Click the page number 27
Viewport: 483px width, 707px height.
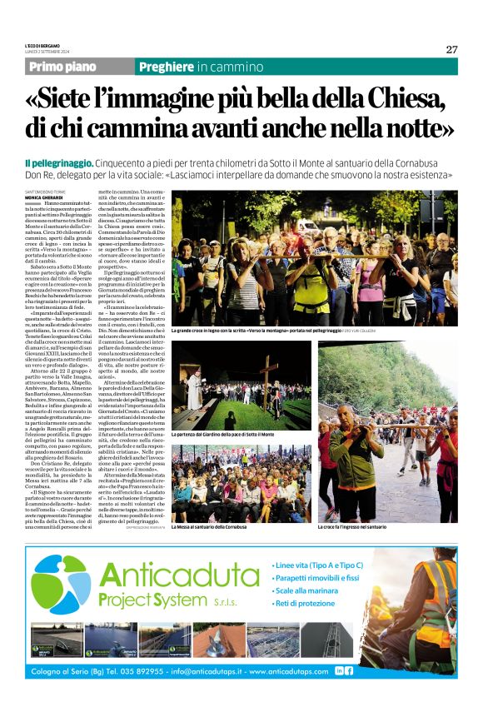451,49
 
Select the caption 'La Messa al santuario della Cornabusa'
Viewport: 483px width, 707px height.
209,504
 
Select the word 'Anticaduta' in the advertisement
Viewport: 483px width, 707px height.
179,575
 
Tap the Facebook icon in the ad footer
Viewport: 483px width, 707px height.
349,670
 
